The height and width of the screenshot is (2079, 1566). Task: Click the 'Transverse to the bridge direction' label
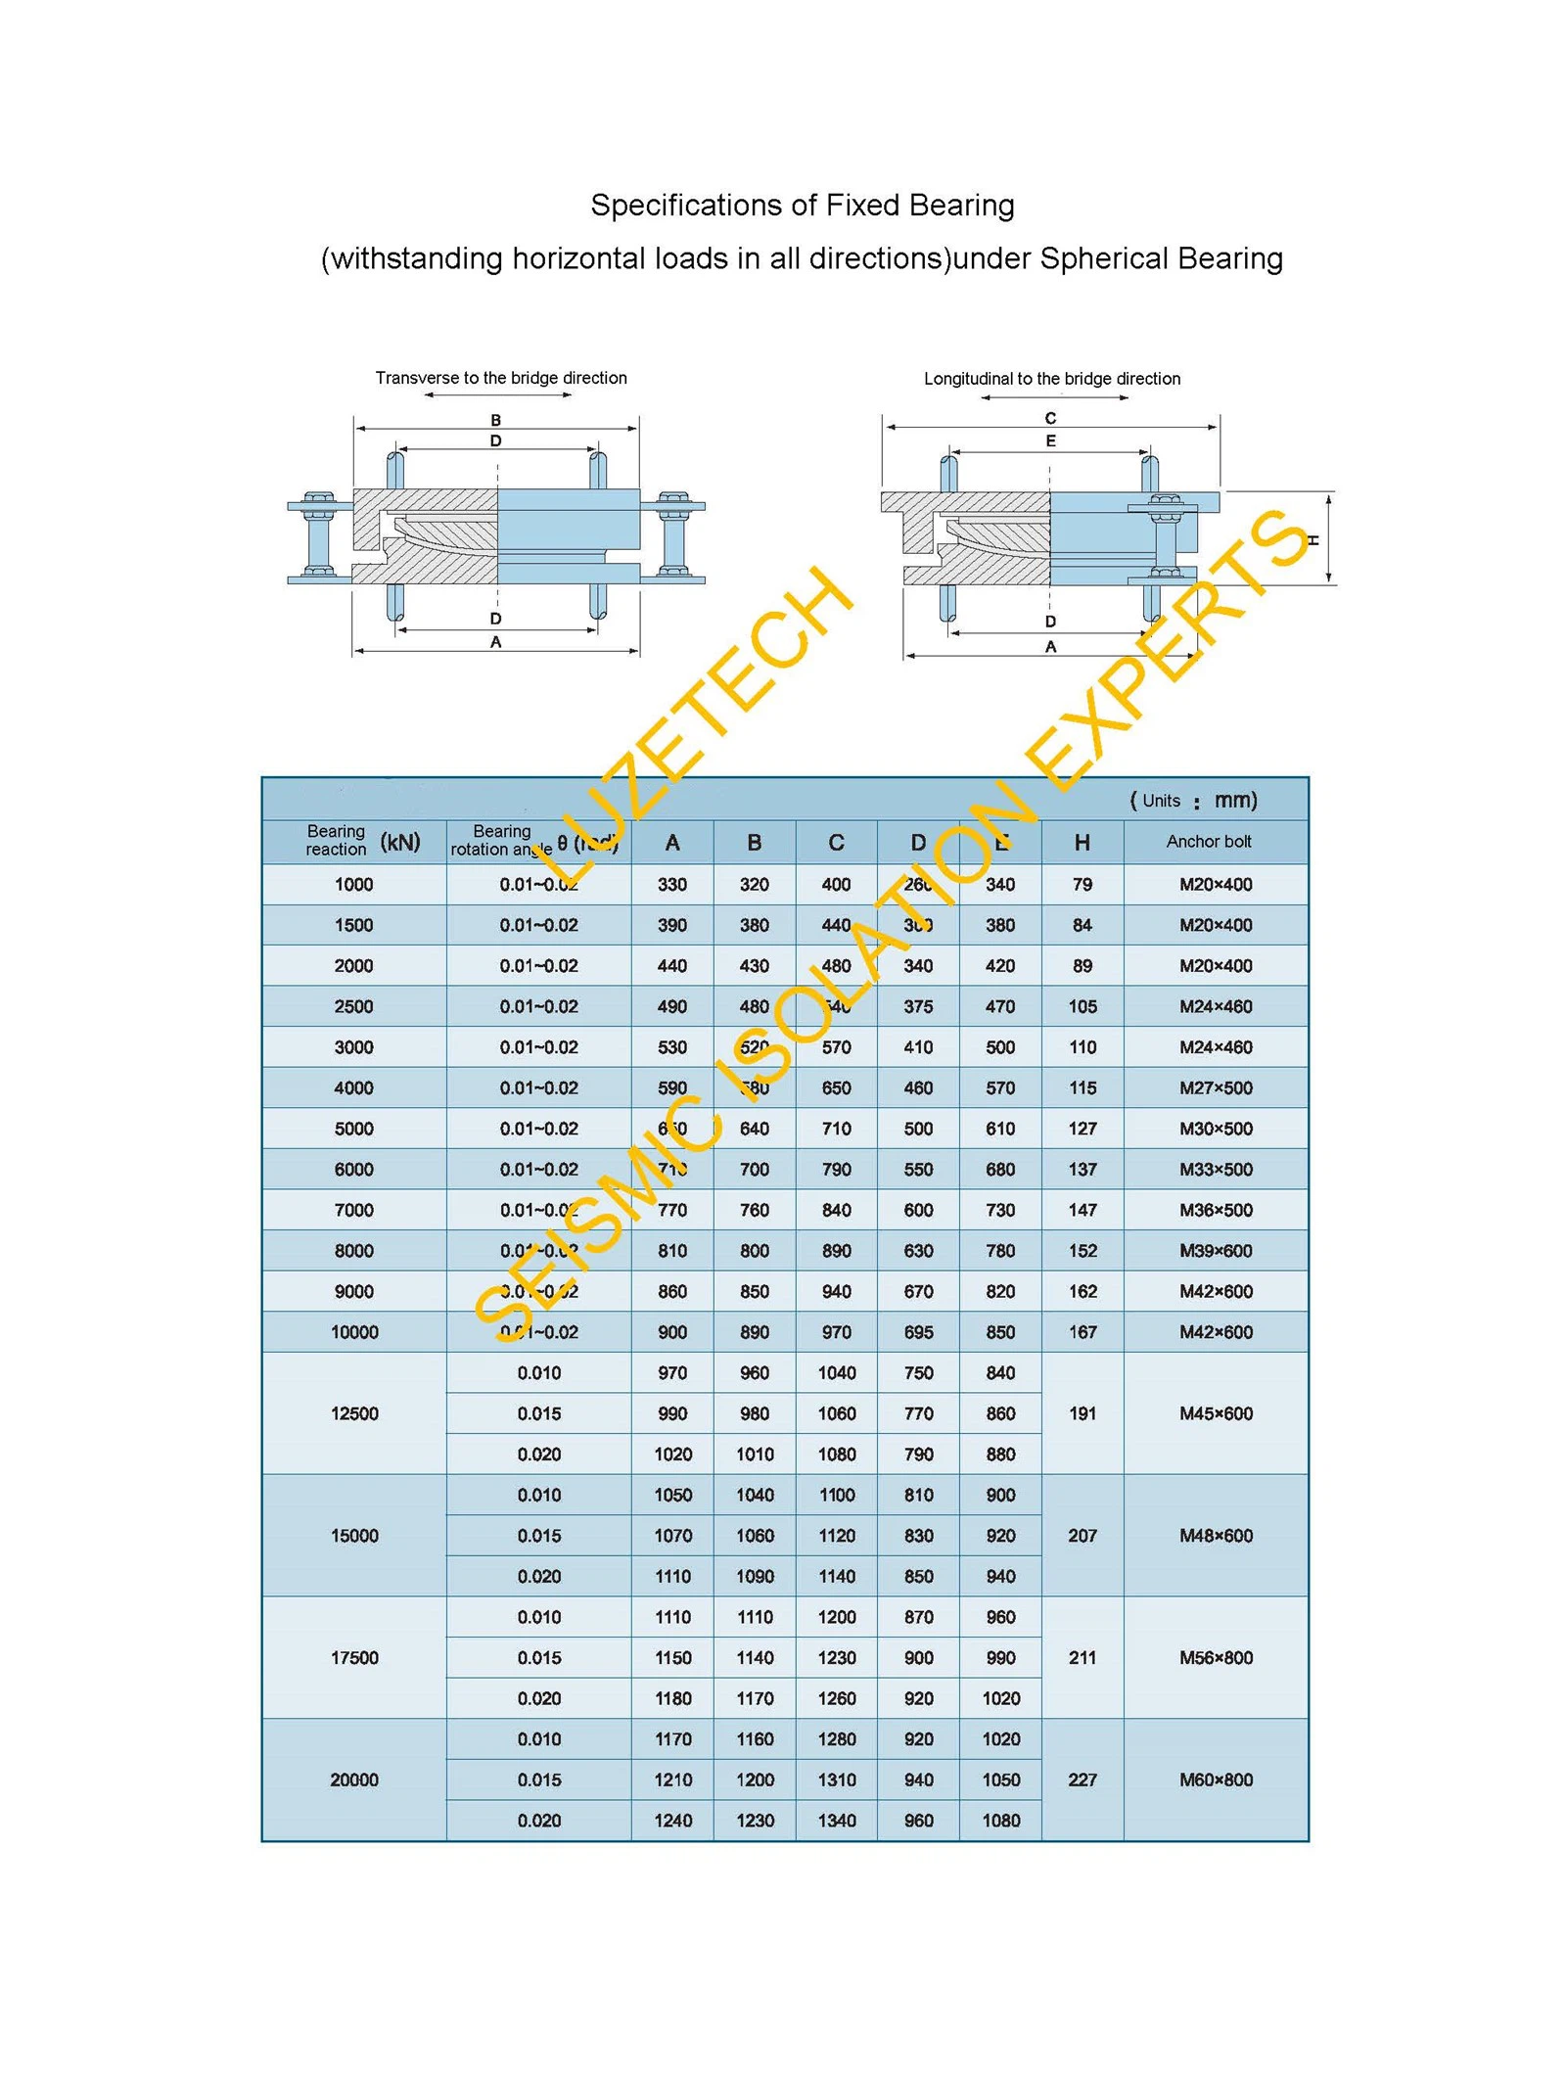[501, 378]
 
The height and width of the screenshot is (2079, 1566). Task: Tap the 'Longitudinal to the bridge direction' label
[1052, 379]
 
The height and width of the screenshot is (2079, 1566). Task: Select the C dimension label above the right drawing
[1050, 418]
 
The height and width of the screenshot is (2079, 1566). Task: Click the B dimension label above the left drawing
[496, 420]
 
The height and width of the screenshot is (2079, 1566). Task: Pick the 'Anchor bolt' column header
[1209, 842]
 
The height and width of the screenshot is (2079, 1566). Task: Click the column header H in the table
[1082, 843]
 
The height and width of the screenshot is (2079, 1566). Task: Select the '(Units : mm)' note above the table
[1193, 801]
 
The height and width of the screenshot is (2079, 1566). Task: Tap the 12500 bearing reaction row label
[354, 1413]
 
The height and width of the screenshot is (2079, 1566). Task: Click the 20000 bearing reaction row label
[354, 1779]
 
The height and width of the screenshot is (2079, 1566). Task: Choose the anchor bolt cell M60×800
[1216, 1779]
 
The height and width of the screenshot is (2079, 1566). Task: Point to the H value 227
[1082, 1779]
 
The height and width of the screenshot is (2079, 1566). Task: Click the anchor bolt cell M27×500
[1216, 1087]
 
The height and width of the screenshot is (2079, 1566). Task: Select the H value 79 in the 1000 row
[1082, 885]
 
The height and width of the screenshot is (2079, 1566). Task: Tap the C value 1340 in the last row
[837, 1821]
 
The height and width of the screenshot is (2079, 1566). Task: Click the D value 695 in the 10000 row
[918, 1332]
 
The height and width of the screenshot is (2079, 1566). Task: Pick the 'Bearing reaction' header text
[336, 841]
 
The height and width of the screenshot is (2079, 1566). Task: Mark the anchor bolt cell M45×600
[1216, 1413]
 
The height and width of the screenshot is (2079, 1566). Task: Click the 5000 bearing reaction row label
[354, 1129]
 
